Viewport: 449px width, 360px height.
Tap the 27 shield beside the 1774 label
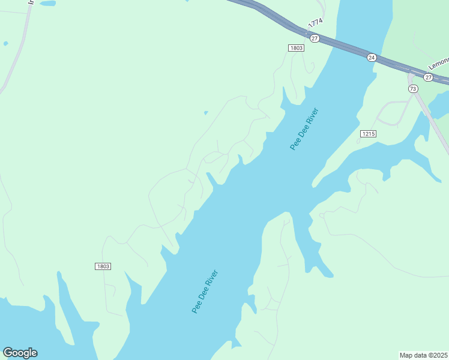(x=315, y=38)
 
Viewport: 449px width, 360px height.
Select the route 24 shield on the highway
(x=372, y=58)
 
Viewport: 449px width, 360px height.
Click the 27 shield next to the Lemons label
(x=428, y=77)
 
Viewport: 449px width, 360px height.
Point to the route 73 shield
(x=413, y=89)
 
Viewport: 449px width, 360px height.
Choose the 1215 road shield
(x=369, y=133)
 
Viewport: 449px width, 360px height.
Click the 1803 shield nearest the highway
(x=296, y=48)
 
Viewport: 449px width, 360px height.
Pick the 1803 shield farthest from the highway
(x=103, y=266)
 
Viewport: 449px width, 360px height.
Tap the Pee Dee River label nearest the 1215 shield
(x=304, y=129)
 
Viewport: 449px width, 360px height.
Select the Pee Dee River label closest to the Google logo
(x=205, y=292)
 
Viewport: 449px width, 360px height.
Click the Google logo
(x=20, y=353)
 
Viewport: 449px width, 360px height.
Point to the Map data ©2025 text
(x=424, y=355)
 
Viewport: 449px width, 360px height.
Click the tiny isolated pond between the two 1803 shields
(x=206, y=112)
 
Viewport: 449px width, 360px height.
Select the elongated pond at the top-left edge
(x=47, y=3)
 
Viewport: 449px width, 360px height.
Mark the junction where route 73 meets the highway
(x=411, y=74)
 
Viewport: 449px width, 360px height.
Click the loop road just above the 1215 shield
(x=393, y=113)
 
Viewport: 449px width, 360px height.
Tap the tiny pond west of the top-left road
(x=5, y=43)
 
